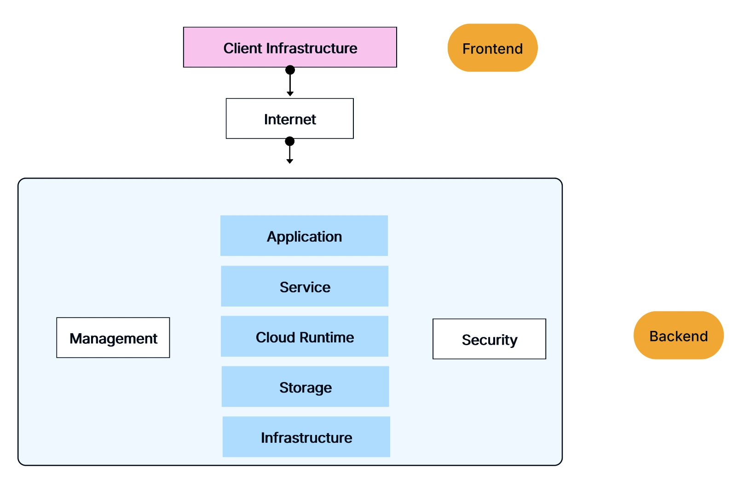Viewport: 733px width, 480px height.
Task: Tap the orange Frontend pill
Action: pyautogui.click(x=492, y=48)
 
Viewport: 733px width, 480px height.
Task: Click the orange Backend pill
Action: pyautogui.click(x=678, y=335)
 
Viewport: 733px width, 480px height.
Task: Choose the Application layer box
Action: pyautogui.click(x=304, y=236)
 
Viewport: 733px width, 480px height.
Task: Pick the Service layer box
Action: pyautogui.click(x=305, y=286)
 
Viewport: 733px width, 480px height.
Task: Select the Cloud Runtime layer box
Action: pyautogui.click(x=305, y=336)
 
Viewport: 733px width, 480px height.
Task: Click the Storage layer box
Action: pyautogui.click(x=306, y=387)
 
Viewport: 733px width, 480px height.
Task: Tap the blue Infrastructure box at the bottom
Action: pyautogui.click(x=306, y=437)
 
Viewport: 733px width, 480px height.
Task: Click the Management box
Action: pyautogui.click(x=113, y=338)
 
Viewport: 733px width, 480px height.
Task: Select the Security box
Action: pyautogui.click(x=489, y=339)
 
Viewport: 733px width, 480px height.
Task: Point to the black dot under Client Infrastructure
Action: pyautogui.click(x=290, y=70)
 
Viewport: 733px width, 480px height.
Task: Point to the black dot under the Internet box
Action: pyautogui.click(x=289, y=141)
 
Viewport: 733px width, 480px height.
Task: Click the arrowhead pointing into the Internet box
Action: pyautogui.click(x=290, y=94)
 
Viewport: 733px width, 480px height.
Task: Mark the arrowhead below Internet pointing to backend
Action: pyautogui.click(x=289, y=161)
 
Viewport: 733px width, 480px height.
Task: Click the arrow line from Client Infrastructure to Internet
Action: pyautogui.click(x=290, y=83)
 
